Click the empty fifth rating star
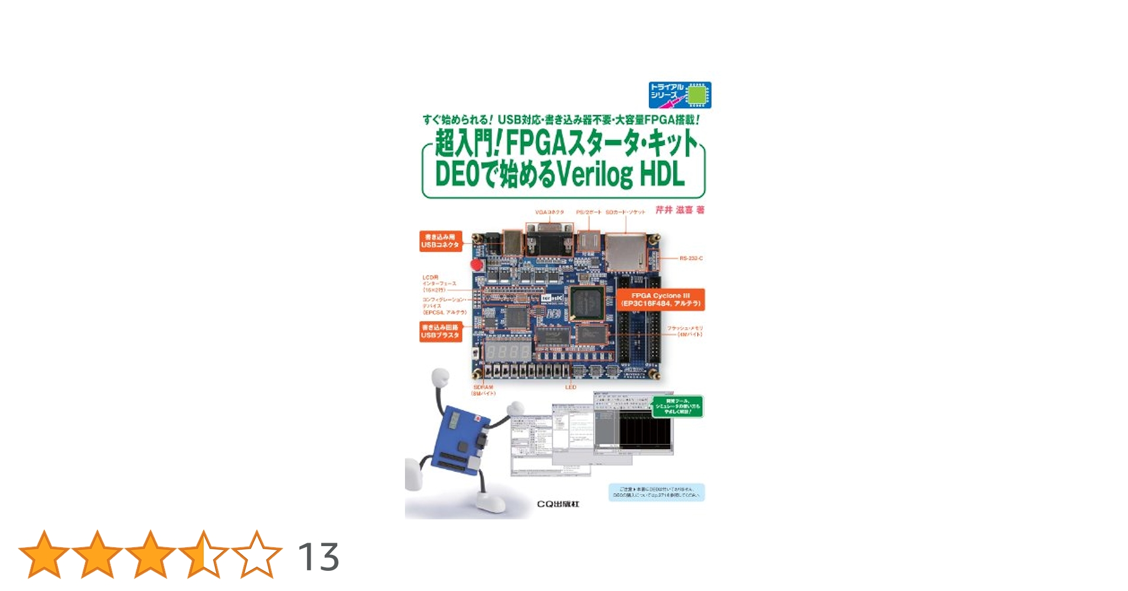pyautogui.click(x=257, y=554)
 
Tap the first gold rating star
pyautogui.click(x=44, y=554)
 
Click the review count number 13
pyautogui.click(x=318, y=557)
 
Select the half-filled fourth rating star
pyautogui.click(x=204, y=554)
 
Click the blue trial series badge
pyautogui.click(x=680, y=95)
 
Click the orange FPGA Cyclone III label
pyautogui.click(x=660, y=300)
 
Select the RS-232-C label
pyautogui.click(x=691, y=258)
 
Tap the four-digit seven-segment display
pyautogui.click(x=508, y=352)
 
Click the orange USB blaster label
pyautogui.click(x=441, y=332)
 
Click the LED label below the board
pyautogui.click(x=570, y=387)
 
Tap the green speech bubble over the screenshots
pyautogui.click(x=677, y=406)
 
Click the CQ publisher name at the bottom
pyautogui.click(x=558, y=504)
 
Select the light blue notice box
pyautogui.click(x=656, y=492)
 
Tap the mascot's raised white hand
pyautogui.click(x=441, y=377)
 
